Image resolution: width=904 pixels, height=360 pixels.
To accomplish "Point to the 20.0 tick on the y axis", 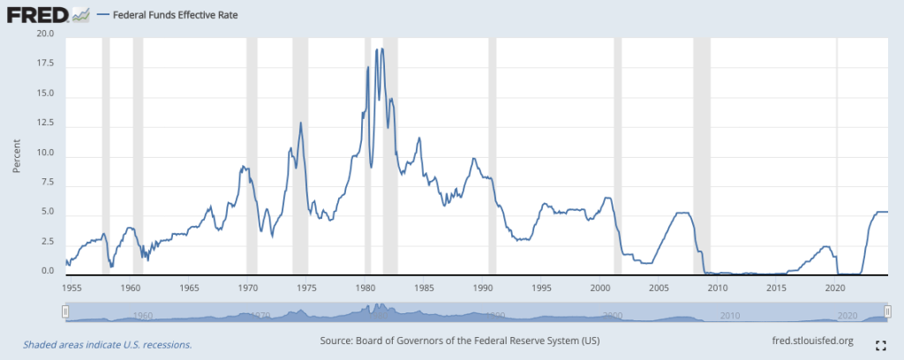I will tap(43, 34).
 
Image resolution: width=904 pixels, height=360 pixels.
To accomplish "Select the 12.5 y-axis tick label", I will tap(43, 124).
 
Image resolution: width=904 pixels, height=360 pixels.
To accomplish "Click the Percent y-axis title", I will tap(17, 154).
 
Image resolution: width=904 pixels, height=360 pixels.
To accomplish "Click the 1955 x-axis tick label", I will tap(72, 288).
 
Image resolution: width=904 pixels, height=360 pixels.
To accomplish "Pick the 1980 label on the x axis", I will tap(365, 288).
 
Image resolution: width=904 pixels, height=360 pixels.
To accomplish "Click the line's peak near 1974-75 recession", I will tap(301, 122).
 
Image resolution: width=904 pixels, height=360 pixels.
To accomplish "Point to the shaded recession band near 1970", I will tap(252, 154).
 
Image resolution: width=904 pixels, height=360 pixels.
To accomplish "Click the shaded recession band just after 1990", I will tap(492, 154).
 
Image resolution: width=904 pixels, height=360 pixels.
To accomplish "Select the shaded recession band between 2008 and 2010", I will tap(702, 154).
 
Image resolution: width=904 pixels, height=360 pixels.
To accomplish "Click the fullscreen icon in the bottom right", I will tap(879, 345).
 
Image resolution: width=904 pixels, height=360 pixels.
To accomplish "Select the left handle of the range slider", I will tap(65, 311).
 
